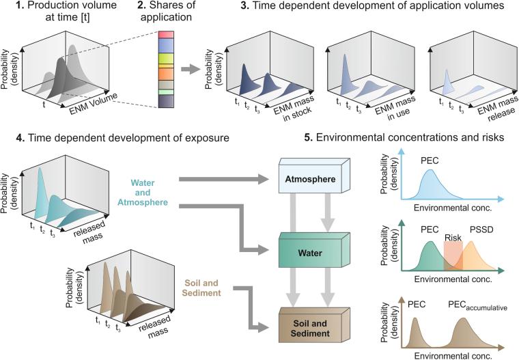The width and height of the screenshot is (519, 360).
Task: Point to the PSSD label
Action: pos(481,230)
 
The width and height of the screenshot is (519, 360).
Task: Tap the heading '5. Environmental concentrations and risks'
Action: pos(403,137)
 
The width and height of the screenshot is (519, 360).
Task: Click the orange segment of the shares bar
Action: pos(167,72)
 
